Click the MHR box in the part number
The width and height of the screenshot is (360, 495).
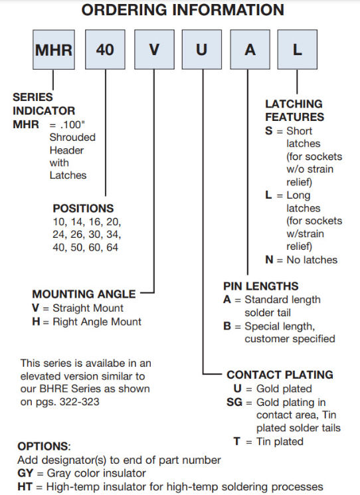(x=54, y=50)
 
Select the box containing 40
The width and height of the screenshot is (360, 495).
(x=105, y=50)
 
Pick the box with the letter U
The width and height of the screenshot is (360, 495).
(x=201, y=50)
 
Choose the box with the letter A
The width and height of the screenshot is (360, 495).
(x=250, y=50)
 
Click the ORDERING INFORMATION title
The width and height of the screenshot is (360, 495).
(x=182, y=10)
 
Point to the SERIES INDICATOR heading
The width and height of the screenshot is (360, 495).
(x=44, y=104)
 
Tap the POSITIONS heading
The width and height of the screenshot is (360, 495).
(x=83, y=209)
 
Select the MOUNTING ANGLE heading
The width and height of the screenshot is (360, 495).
(x=84, y=294)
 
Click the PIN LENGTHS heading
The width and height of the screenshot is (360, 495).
(x=260, y=286)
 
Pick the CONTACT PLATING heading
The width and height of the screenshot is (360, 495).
(x=280, y=375)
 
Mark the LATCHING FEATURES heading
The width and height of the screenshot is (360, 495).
(x=294, y=110)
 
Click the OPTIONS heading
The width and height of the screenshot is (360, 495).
(x=44, y=446)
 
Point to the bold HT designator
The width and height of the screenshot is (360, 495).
(x=25, y=486)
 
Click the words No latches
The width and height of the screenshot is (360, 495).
(x=312, y=260)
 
